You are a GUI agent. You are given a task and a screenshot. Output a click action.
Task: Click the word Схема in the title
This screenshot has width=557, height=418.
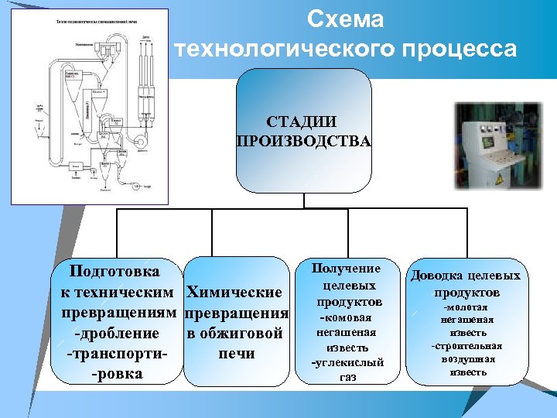pos(345,19)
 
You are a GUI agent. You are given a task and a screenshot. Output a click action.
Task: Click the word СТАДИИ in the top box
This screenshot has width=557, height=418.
pos(303,122)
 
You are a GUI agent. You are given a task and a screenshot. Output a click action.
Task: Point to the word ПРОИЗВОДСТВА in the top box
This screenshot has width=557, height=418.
pos(303,141)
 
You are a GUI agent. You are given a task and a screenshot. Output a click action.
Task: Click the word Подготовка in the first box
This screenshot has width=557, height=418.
pos(114,272)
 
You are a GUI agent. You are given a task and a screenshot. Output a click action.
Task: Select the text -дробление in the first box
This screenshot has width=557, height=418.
pos(115,334)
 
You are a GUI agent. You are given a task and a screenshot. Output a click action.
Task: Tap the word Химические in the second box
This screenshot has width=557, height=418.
pos(235,293)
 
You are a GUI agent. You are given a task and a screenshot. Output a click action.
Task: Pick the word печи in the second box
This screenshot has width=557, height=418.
pos(237,355)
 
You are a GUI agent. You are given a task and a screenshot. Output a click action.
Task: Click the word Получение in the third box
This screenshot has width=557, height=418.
pos(346,269)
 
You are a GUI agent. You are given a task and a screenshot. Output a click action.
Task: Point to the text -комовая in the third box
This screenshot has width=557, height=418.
pos(346,318)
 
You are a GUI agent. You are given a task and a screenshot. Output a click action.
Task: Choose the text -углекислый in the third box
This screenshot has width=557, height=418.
pos(347,362)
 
